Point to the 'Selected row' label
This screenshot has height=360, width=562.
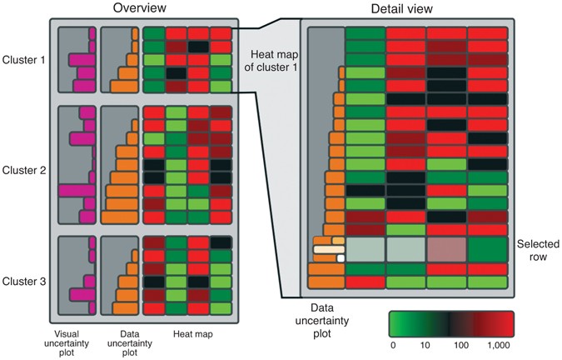tap(533, 251)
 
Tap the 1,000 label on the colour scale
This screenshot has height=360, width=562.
tap(497, 343)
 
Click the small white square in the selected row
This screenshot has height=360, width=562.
tap(341, 258)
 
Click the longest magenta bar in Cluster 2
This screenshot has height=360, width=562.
tap(75, 190)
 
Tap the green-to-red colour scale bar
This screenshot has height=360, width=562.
tap(450, 322)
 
